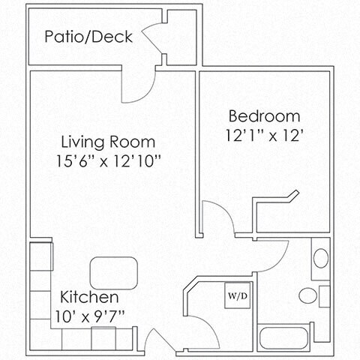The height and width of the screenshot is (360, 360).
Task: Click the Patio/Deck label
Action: (x=88, y=36)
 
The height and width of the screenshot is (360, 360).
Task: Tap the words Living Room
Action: (x=108, y=142)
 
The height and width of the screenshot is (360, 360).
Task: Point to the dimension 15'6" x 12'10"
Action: (x=109, y=160)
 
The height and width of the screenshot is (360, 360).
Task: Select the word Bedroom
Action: (x=264, y=116)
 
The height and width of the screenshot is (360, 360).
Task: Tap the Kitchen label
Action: (x=89, y=296)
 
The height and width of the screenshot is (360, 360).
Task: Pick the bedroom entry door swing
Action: (x=218, y=217)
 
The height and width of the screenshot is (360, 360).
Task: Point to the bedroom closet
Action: (x=292, y=214)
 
